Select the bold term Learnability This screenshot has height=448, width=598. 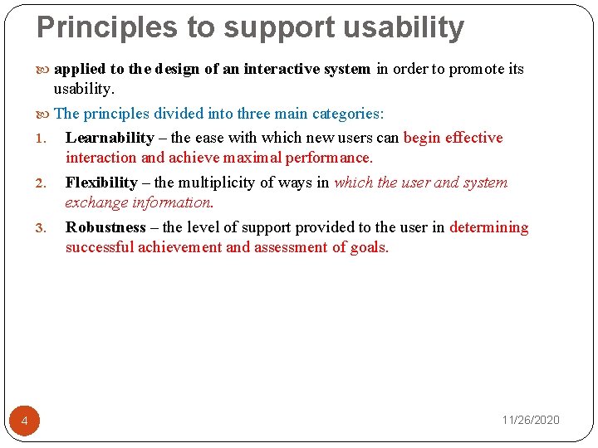pyautogui.click(x=110, y=138)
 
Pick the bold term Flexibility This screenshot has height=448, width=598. pyautogui.click(x=101, y=183)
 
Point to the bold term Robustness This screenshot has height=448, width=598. pyautogui.click(x=105, y=227)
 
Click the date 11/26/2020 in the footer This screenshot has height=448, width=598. pyautogui.click(x=531, y=420)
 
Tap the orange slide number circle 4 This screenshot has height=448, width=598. pyautogui.click(x=24, y=422)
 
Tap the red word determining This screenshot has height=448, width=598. pyautogui.click(x=488, y=227)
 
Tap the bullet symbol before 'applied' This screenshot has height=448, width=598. pyautogui.click(x=45, y=70)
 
